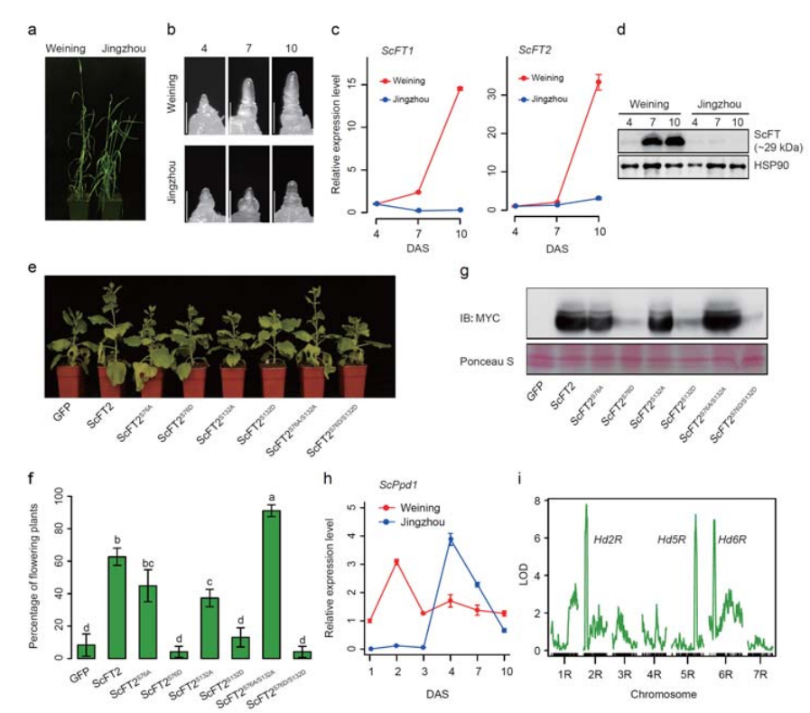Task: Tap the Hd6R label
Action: click(x=733, y=539)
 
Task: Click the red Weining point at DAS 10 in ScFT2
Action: click(x=598, y=83)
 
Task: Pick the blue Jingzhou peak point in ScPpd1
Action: click(x=451, y=539)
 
